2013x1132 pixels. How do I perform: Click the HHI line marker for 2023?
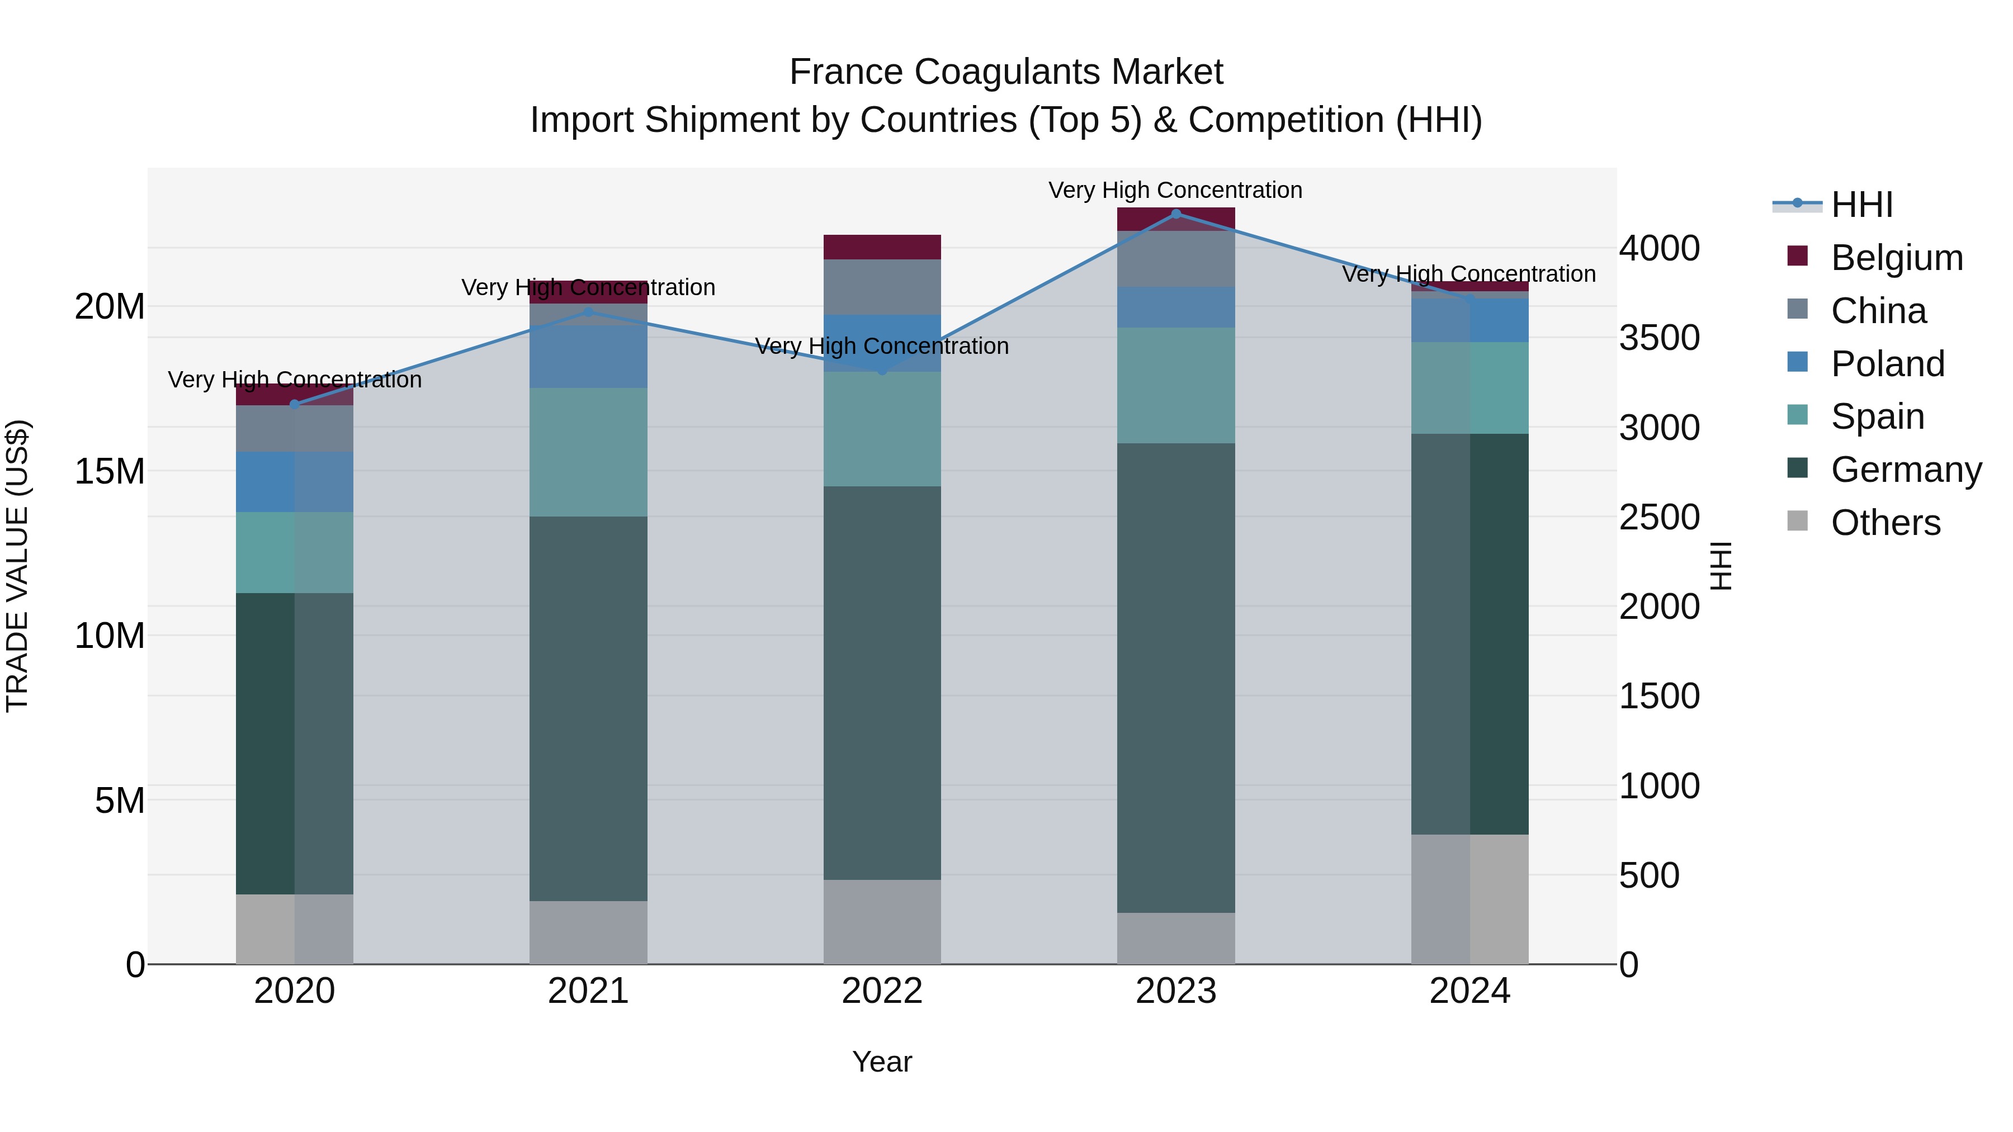click(1176, 214)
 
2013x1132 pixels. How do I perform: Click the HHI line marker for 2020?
click(295, 404)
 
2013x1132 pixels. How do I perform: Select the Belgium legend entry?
click(1897, 258)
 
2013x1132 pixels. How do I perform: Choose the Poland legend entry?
click(1887, 363)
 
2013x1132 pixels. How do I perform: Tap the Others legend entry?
click(1885, 523)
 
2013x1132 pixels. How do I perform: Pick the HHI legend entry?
click(1861, 205)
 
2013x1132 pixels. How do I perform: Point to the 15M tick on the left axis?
click(110, 471)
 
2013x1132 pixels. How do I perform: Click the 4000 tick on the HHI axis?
click(1658, 248)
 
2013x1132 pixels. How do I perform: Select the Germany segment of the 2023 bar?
click(1176, 678)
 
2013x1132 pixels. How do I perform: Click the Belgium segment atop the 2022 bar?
click(882, 247)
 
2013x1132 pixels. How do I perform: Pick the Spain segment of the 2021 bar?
click(588, 452)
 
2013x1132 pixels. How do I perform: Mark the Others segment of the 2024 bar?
click(1470, 899)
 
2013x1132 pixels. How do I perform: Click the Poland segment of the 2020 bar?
click(295, 482)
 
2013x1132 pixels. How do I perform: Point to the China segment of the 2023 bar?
click(1176, 259)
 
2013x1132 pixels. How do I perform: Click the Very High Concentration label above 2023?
click(1175, 191)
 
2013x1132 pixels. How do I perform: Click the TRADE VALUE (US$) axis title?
click(17, 566)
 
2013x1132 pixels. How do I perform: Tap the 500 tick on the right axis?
click(1649, 876)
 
